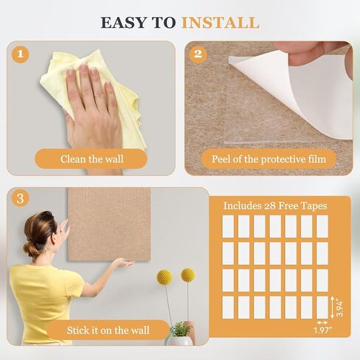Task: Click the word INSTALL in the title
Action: (x=220, y=23)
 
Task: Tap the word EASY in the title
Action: (x=124, y=23)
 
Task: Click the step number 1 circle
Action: (x=21, y=54)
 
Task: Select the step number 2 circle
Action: (x=198, y=54)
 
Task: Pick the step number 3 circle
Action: (x=21, y=198)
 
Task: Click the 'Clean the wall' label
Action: (x=91, y=159)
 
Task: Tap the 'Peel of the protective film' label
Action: (x=269, y=159)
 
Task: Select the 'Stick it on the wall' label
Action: (x=108, y=330)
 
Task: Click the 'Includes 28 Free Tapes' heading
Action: (x=275, y=206)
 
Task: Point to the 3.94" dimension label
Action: (x=340, y=308)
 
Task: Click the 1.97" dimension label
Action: (x=322, y=330)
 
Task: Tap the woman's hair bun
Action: (x=31, y=249)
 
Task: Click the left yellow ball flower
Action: (x=165, y=277)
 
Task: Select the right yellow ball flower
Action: (x=188, y=275)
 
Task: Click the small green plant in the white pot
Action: (x=181, y=329)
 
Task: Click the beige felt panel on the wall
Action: (x=109, y=224)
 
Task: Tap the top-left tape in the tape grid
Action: (x=228, y=226)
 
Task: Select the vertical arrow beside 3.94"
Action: (x=333, y=308)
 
